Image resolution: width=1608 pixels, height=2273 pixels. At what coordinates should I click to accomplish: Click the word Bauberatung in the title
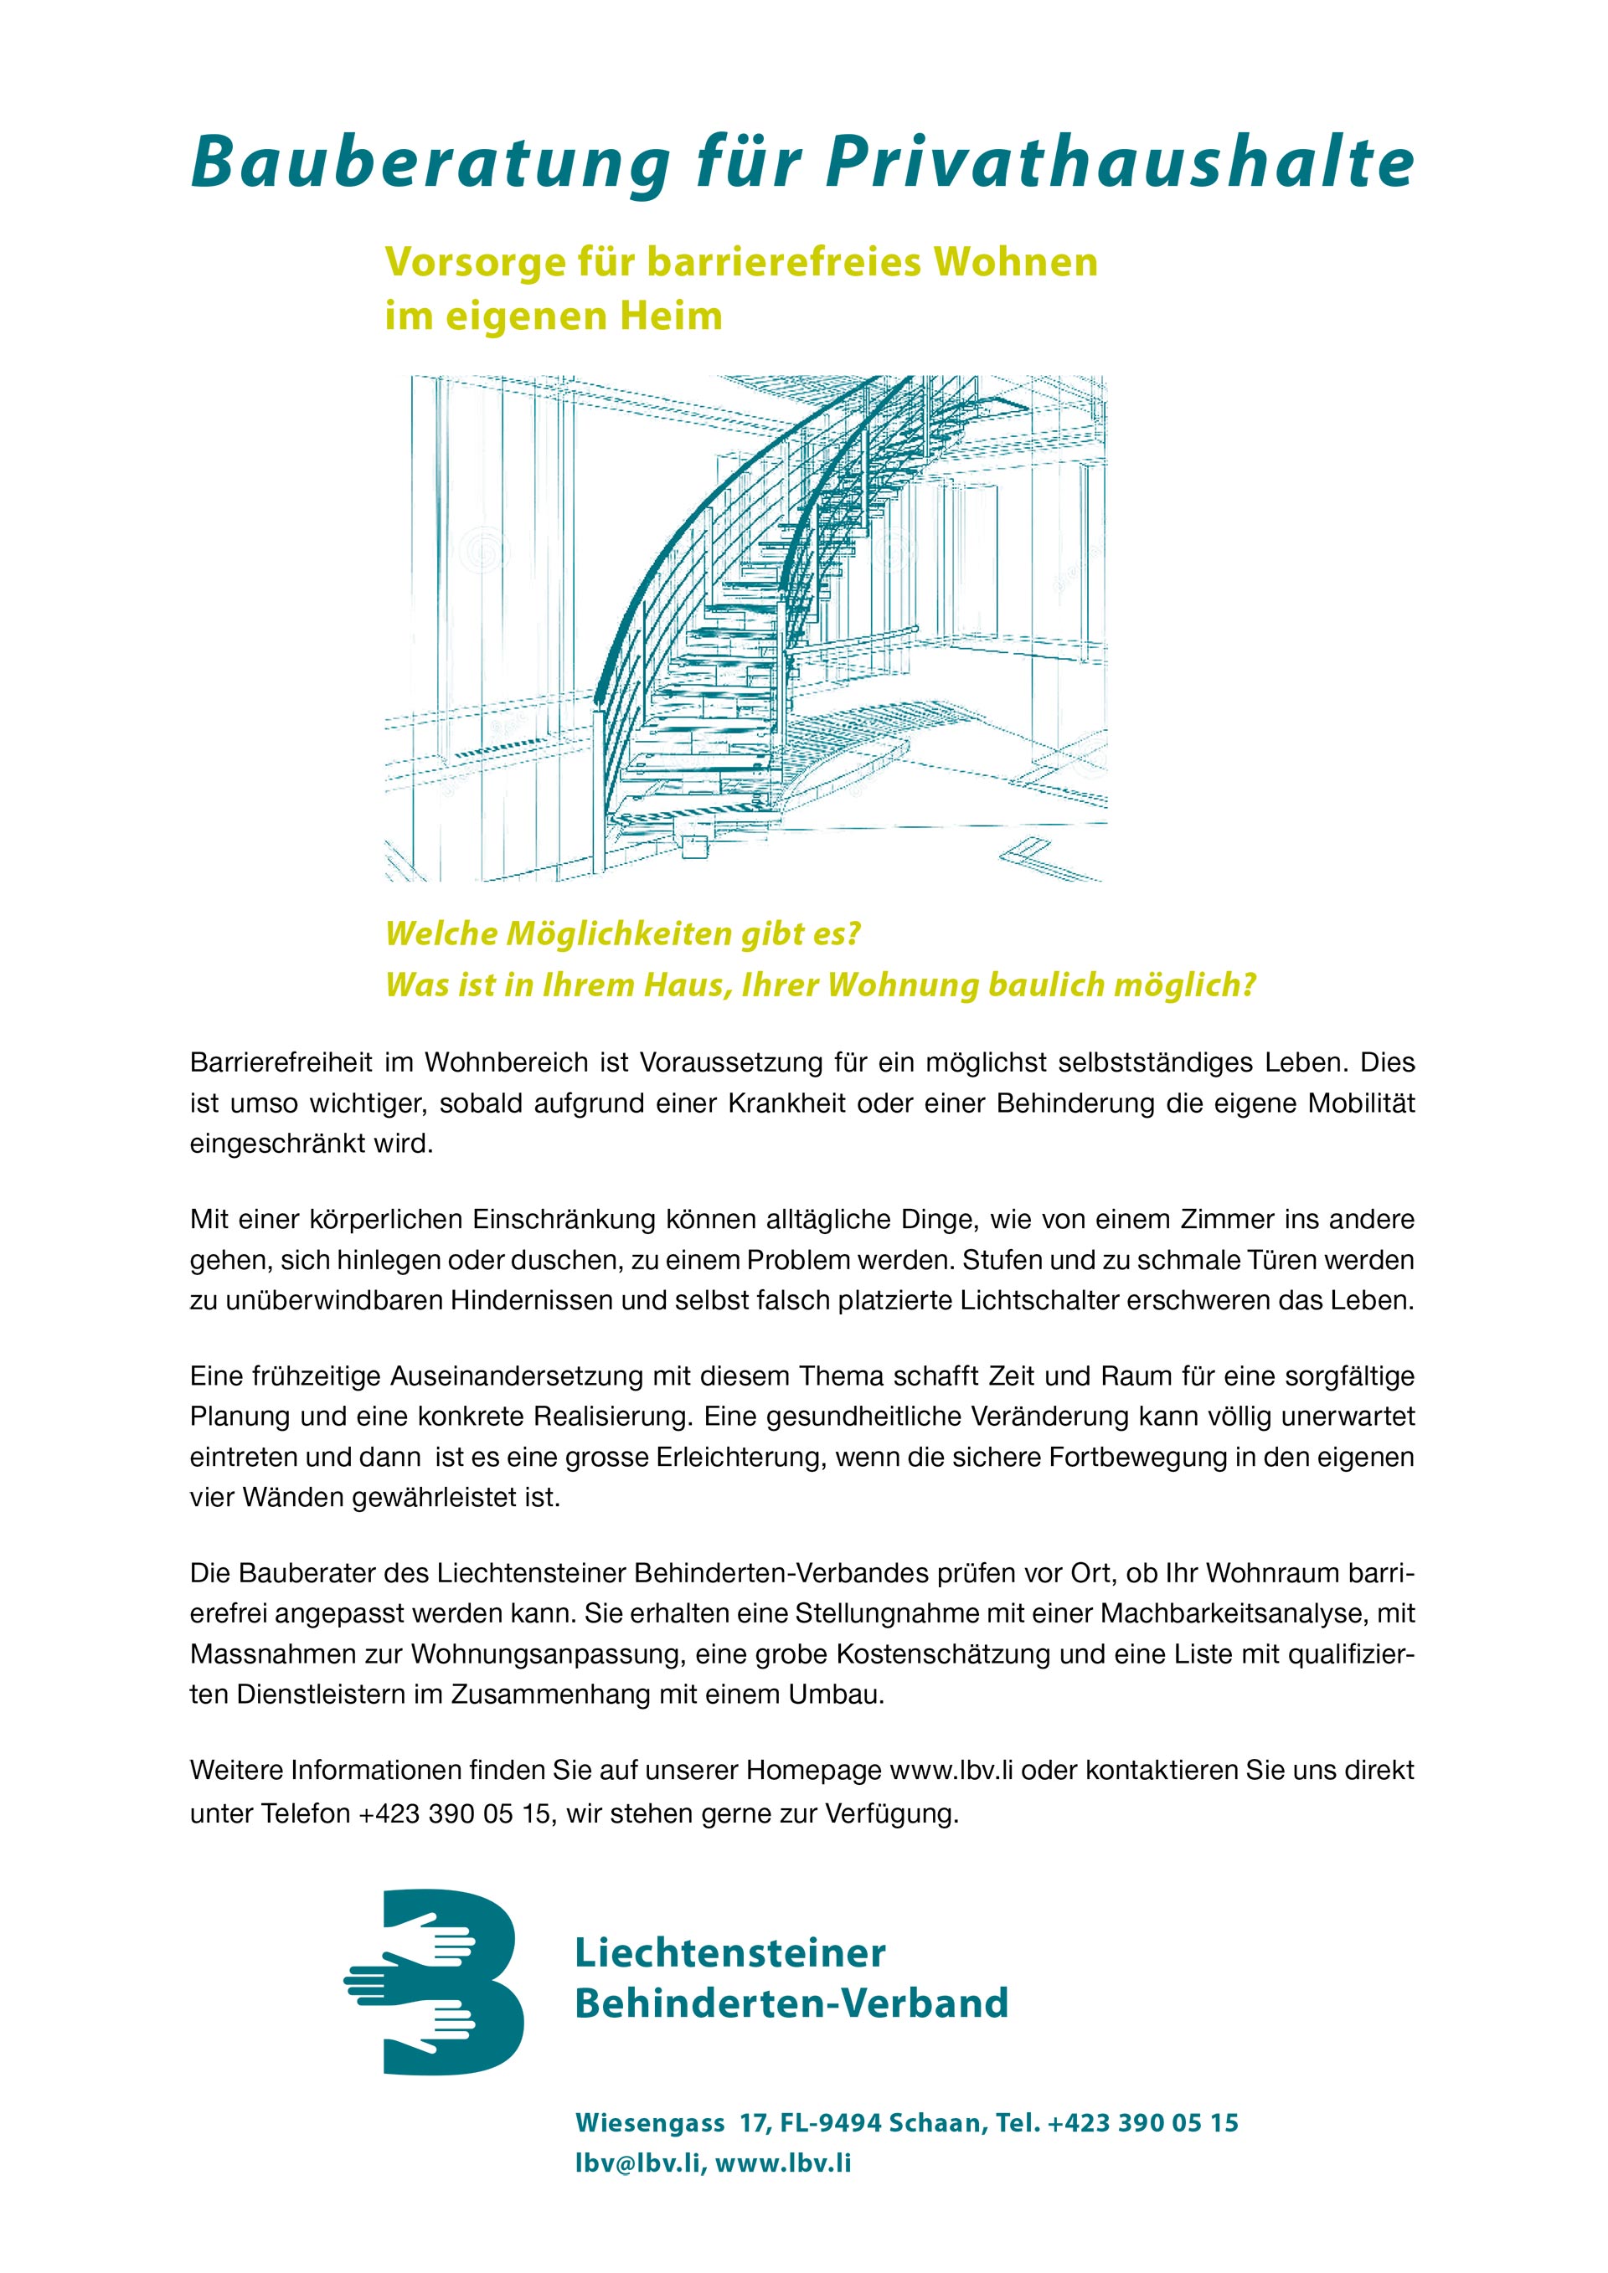(x=430, y=162)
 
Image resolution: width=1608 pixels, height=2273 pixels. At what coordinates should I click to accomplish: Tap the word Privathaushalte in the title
(x=1119, y=162)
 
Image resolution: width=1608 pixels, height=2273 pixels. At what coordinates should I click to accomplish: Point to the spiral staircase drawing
(x=745, y=628)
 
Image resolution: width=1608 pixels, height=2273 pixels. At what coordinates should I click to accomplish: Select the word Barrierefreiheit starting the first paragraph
(x=281, y=1063)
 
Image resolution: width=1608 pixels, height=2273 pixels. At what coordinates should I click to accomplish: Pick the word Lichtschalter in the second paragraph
(x=1028, y=1301)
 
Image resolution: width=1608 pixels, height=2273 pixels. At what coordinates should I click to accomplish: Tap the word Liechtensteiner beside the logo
(x=729, y=1953)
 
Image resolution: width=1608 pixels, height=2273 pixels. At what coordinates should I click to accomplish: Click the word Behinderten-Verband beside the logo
(x=791, y=2003)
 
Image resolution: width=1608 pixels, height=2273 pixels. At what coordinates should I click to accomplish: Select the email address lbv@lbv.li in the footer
(x=640, y=2163)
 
